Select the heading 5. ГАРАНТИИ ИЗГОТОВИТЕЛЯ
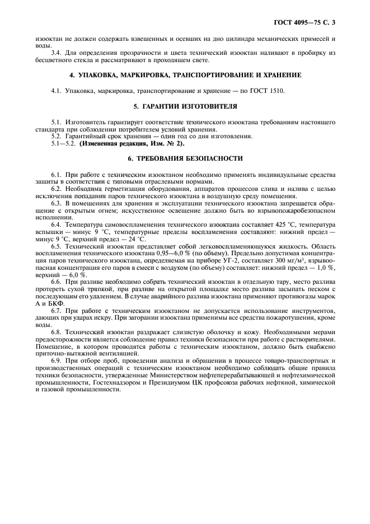[x=184, y=106]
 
